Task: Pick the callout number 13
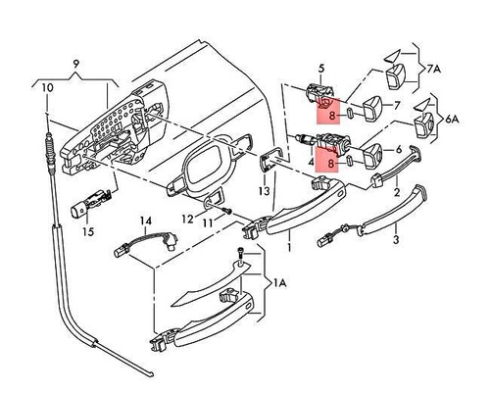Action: click(264, 190)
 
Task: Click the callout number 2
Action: click(395, 194)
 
